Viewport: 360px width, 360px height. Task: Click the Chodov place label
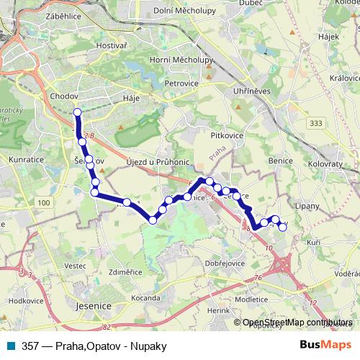click(x=64, y=95)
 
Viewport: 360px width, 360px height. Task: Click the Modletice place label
click(x=251, y=297)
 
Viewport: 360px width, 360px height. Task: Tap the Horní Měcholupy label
click(x=180, y=60)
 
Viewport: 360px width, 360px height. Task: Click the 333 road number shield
click(x=315, y=124)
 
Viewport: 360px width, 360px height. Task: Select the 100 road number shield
click(x=44, y=204)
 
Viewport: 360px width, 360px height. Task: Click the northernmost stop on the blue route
click(x=78, y=112)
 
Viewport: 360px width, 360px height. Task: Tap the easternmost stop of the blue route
click(x=282, y=228)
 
